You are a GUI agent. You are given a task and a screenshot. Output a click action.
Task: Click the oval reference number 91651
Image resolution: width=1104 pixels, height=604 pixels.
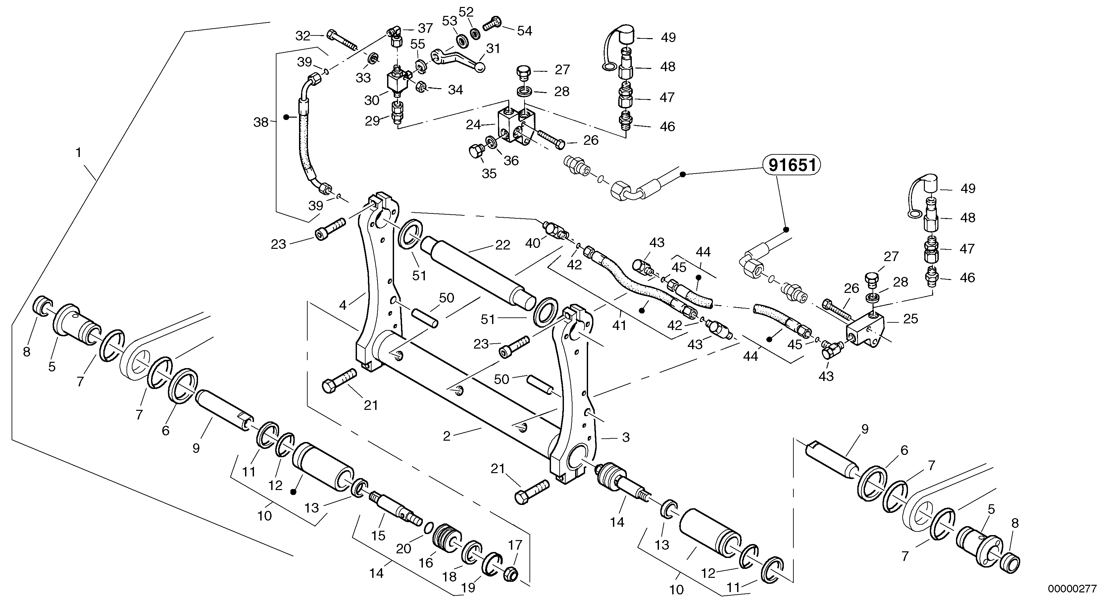(x=791, y=165)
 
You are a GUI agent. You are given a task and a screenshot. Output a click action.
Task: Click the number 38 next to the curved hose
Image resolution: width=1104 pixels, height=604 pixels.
(x=261, y=123)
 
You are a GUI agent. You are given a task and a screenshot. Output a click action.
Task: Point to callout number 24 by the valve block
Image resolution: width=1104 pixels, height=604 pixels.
(x=473, y=125)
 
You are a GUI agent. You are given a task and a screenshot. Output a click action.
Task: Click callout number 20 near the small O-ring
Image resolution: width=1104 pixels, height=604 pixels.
(x=403, y=549)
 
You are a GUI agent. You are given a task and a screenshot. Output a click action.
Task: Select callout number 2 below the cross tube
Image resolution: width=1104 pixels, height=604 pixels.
(x=447, y=436)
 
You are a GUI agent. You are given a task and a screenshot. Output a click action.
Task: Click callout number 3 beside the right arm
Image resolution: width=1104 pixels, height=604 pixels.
(x=626, y=437)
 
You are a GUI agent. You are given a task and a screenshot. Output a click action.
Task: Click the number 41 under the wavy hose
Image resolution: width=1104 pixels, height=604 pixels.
(x=619, y=326)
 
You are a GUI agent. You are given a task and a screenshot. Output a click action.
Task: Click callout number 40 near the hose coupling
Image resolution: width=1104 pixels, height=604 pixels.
(x=533, y=243)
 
